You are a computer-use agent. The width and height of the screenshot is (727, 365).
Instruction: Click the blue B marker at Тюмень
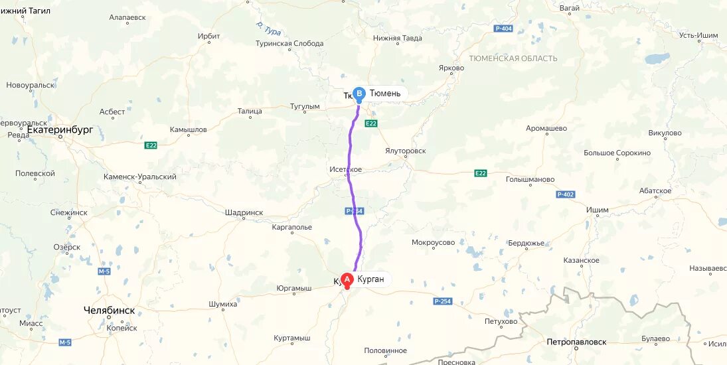pyautogui.click(x=359, y=94)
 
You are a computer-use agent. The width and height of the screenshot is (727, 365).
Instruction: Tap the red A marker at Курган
pyautogui.click(x=347, y=279)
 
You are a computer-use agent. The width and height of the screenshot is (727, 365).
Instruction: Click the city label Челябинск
pyautogui.click(x=110, y=310)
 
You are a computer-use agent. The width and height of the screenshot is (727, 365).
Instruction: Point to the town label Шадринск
pyautogui.click(x=244, y=212)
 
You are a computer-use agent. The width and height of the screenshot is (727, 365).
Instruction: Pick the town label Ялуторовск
pyautogui.click(x=405, y=151)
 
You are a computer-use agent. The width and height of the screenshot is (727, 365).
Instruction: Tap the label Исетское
pyautogui.click(x=346, y=169)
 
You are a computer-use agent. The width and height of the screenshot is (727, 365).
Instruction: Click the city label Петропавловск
pyautogui.click(x=576, y=342)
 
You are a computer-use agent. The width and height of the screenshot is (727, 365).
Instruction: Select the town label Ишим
pyautogui.click(x=597, y=210)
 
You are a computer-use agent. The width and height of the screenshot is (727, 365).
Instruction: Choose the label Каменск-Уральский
pyautogui.click(x=140, y=177)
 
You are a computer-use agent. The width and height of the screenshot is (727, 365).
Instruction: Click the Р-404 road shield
pyautogui.click(x=504, y=29)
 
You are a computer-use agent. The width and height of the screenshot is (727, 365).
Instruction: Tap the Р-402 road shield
pyautogui.click(x=566, y=194)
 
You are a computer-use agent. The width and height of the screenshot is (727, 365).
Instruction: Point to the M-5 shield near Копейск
pyautogui.click(x=64, y=342)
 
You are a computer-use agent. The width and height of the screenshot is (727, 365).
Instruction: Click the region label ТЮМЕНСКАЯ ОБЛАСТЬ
pyautogui.click(x=513, y=58)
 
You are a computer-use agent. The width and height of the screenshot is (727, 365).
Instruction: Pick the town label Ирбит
pyautogui.click(x=209, y=36)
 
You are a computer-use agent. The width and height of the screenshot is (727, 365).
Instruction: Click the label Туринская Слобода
pyautogui.click(x=289, y=44)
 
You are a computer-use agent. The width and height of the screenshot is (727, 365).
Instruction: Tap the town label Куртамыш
pyautogui.click(x=292, y=338)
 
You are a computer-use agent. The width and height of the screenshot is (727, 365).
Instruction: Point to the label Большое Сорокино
pyautogui.click(x=617, y=153)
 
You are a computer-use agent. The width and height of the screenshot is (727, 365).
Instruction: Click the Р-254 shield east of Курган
pyautogui.click(x=442, y=301)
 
